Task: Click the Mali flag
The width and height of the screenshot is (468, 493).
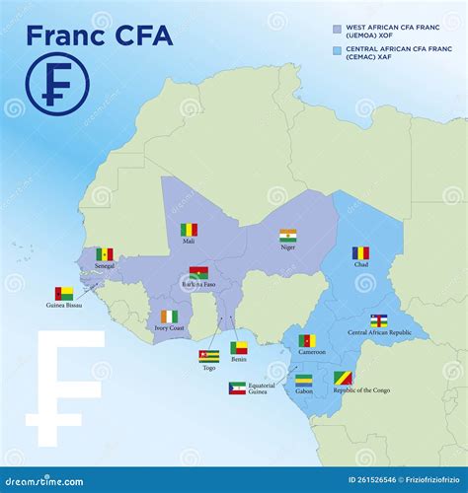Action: coord(189,230)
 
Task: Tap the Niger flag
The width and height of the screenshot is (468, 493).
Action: coord(287,237)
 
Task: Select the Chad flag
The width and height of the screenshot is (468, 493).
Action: coord(361,253)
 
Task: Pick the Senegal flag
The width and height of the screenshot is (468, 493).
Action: coord(105,254)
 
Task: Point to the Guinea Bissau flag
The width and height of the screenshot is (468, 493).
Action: coord(64,293)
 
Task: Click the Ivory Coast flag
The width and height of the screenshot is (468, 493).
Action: coord(170,317)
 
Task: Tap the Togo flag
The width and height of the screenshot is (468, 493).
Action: coord(208,355)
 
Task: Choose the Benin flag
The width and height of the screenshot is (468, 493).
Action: coord(239,347)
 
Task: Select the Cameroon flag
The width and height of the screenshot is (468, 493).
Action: coord(307,340)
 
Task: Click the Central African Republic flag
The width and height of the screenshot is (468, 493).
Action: coord(379,320)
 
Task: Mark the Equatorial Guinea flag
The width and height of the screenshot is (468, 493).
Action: coord(237,387)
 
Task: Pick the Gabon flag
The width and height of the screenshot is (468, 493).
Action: coord(304,380)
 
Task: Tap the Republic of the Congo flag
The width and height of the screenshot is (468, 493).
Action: coord(343,378)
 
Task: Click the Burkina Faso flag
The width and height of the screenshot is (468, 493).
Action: coord(198,273)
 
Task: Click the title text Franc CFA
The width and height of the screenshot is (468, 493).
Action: coord(99,35)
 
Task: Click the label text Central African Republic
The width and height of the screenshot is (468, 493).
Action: coord(379,332)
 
